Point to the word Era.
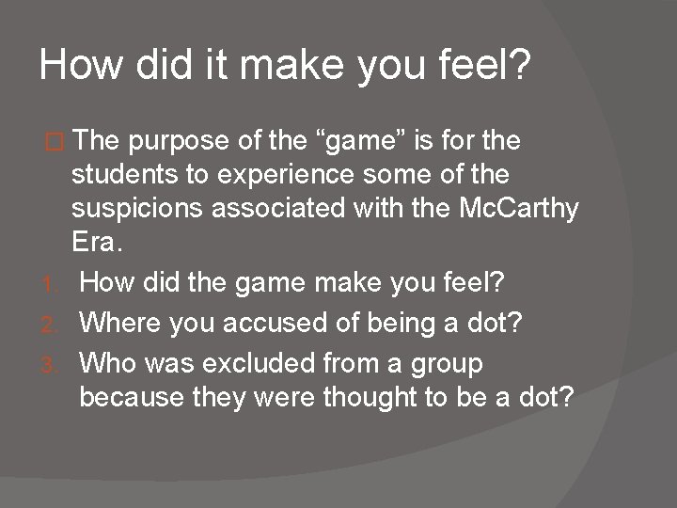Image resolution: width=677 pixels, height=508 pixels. click(x=97, y=242)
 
